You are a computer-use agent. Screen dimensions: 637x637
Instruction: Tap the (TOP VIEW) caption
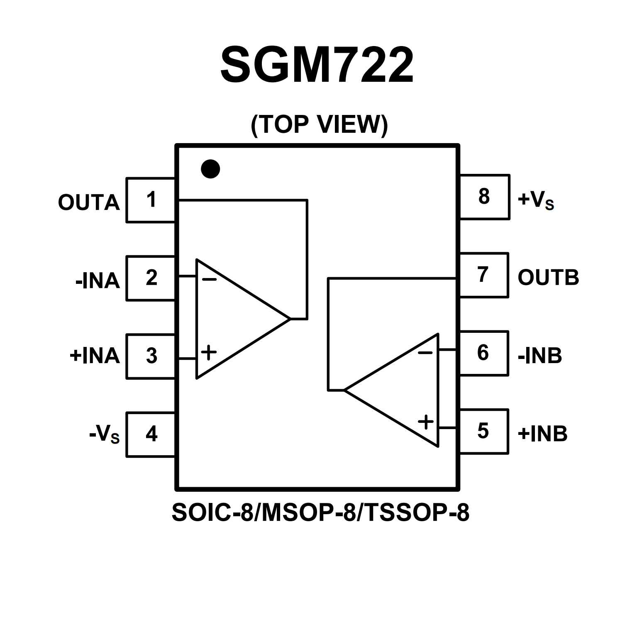coord(319,124)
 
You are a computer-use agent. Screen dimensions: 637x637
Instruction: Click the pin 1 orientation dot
coord(210,169)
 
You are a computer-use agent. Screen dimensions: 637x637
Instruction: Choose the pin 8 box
coord(484,197)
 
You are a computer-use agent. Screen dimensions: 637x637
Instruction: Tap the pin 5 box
coord(483,431)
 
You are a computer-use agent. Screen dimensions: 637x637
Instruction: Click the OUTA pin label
coord(89,203)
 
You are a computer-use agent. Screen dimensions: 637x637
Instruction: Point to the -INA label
coord(98,281)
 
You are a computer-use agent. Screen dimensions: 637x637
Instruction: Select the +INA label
coord(95,356)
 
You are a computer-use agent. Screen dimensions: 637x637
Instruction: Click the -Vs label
coord(105,434)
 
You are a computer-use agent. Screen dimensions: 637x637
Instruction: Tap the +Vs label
coord(536,200)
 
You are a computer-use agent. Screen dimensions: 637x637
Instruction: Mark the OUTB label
coord(548,277)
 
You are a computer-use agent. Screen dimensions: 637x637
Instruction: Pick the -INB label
coord(540,356)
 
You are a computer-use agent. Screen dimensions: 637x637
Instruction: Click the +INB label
coord(542,434)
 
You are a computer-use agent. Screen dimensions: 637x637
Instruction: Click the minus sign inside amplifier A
coord(209,279)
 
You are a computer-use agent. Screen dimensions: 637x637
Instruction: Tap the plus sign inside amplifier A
coord(209,353)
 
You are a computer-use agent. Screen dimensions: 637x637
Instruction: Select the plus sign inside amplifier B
coord(426,422)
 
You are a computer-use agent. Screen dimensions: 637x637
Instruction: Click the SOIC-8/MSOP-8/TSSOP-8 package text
coord(320,513)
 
